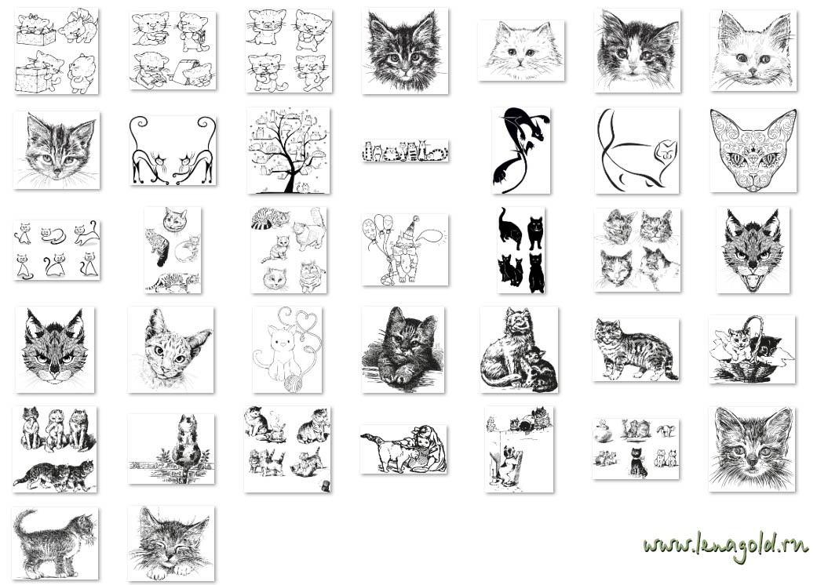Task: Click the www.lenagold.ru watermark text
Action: (x=724, y=547)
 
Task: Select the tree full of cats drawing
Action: (x=288, y=151)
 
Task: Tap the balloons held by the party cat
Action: (x=377, y=228)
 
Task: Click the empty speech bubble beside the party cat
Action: (x=432, y=237)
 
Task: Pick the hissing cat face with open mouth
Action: (x=753, y=250)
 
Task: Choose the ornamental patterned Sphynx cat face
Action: (x=753, y=151)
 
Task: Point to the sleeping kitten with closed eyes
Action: (x=170, y=543)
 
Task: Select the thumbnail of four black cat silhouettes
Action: (x=521, y=250)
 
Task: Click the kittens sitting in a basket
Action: (x=752, y=349)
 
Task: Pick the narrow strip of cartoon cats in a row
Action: (x=405, y=151)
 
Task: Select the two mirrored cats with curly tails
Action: (x=172, y=151)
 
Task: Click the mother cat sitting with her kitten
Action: (x=519, y=349)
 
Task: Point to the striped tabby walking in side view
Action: (x=636, y=349)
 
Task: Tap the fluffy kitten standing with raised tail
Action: (x=55, y=543)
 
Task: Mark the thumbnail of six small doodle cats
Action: (x=57, y=250)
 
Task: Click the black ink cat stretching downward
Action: (x=520, y=151)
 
